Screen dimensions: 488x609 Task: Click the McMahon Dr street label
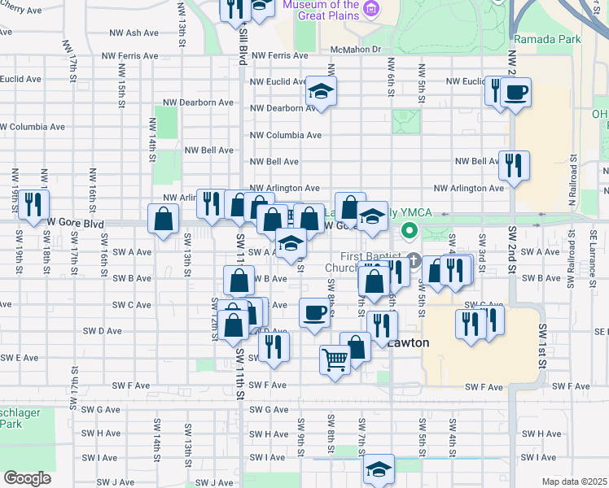pyautogui.click(x=356, y=50)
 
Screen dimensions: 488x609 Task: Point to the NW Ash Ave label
pyautogui.click(x=134, y=33)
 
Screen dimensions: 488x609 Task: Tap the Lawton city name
pyautogui.click(x=408, y=342)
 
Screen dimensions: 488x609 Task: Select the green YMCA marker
pyautogui.click(x=410, y=233)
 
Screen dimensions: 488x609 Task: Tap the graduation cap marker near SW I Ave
pyautogui.click(x=378, y=468)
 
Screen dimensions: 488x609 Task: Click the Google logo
pyautogui.click(x=27, y=477)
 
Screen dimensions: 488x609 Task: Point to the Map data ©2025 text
pyautogui.click(x=573, y=481)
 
